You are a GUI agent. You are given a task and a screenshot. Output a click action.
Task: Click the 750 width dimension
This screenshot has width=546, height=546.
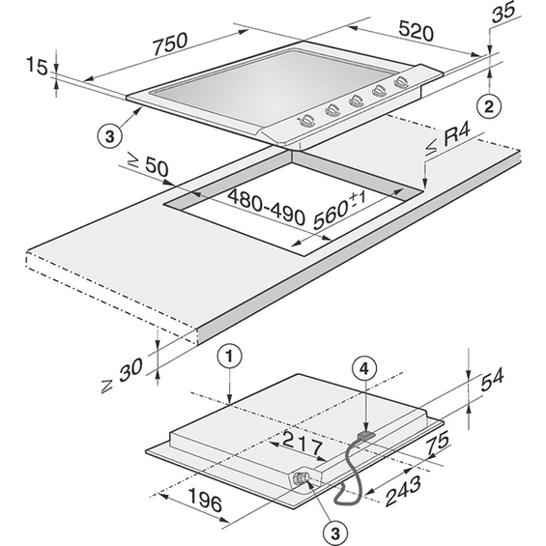(171, 44)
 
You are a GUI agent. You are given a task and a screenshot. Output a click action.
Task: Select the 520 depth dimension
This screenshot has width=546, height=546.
(417, 31)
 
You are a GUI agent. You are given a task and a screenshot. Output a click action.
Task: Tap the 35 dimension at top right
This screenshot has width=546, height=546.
(503, 13)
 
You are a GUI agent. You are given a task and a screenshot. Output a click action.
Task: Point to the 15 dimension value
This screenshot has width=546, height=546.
(37, 66)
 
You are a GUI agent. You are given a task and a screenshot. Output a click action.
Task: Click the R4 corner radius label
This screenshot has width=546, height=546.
(447, 141)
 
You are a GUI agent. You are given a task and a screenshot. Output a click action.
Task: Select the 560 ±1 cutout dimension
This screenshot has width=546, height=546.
(339, 211)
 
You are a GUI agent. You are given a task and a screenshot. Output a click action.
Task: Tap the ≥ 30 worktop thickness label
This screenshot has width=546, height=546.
(122, 376)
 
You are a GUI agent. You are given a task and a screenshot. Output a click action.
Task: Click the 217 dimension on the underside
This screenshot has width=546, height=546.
(302, 444)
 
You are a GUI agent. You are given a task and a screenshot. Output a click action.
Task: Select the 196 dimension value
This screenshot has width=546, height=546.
(205, 500)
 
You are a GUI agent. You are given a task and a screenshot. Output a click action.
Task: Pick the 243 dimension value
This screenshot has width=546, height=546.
(404, 490)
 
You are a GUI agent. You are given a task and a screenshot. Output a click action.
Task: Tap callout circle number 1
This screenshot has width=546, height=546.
(229, 357)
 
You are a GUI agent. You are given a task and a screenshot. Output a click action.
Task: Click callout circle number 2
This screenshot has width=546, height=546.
(489, 106)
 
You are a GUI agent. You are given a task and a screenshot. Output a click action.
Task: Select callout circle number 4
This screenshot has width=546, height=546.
(363, 369)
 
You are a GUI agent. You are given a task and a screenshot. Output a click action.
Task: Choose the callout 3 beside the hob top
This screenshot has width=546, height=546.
(110, 135)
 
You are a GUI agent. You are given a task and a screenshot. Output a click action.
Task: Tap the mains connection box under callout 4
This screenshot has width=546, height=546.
(366, 435)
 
